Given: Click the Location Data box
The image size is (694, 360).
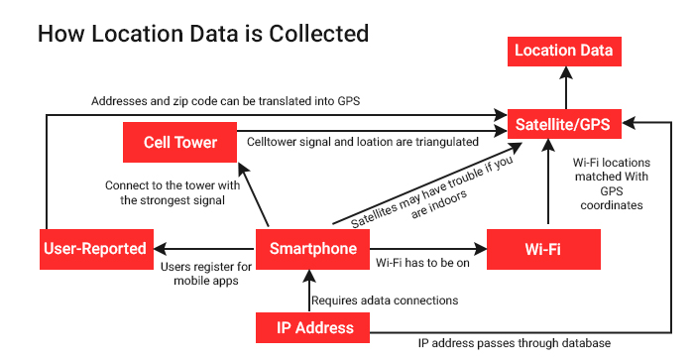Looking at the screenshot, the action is point(564,52).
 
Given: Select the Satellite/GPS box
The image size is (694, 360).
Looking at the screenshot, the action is point(564,124).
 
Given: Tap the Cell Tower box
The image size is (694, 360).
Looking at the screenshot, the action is point(179,142).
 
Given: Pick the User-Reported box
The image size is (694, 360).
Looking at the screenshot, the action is point(96,249).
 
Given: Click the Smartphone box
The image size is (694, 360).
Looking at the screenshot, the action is point(312,249).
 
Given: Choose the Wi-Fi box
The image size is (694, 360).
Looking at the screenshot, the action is point(543,249).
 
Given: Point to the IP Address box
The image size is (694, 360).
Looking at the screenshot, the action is point(312,327).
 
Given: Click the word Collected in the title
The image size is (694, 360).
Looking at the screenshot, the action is point(318,34).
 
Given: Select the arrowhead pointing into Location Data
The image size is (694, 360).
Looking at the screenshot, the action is point(566,72).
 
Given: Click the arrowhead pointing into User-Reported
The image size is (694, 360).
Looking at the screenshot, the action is point(161,249).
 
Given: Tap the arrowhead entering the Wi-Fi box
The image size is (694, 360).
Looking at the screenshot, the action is point(480,249).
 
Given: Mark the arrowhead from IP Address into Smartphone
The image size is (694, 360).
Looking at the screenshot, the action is point(309,276).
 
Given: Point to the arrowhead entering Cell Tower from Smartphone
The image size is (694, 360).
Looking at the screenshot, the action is point(243,169).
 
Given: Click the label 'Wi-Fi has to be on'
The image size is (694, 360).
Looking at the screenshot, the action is point(422,263).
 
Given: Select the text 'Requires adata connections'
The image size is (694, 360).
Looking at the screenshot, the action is point(385,300).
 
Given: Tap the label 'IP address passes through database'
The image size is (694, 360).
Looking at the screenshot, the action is point(515,343).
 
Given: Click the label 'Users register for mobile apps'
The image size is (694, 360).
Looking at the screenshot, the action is point(206,274).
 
